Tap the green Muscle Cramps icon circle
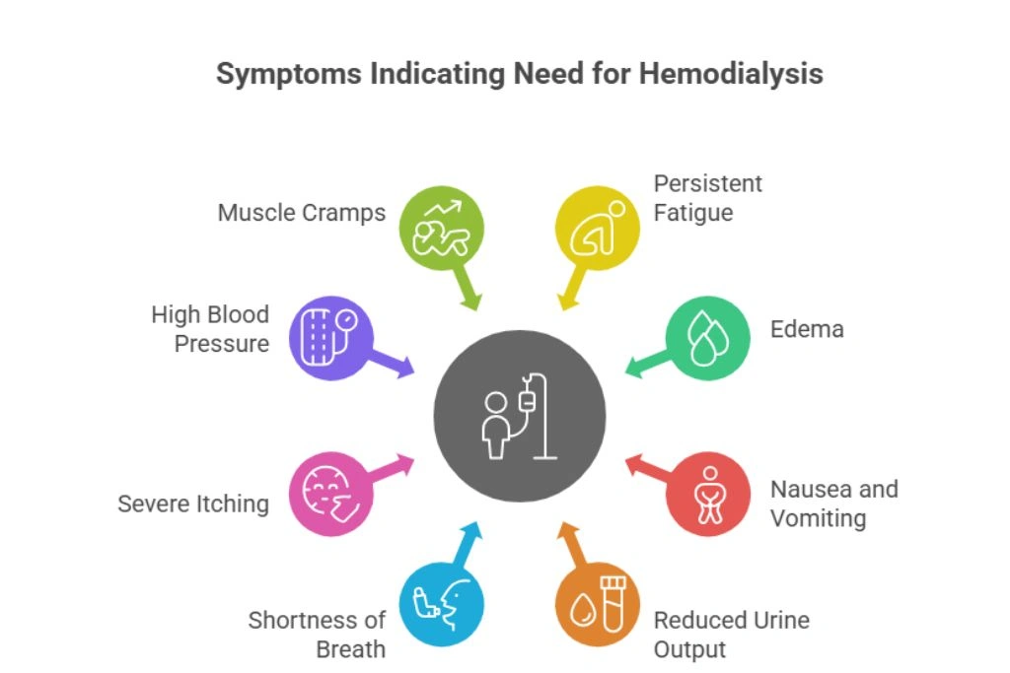click(x=442, y=229)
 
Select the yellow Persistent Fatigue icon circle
click(x=598, y=229)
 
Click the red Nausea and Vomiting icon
click(x=707, y=494)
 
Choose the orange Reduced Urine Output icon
click(x=598, y=603)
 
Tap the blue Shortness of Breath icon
click(x=442, y=603)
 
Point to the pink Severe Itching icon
click(x=332, y=494)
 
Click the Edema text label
click(x=807, y=329)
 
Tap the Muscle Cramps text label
click(x=301, y=213)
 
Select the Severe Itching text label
click(x=193, y=504)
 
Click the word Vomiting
click(x=818, y=518)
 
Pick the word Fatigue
click(x=693, y=212)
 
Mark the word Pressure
click(x=221, y=344)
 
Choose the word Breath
click(x=350, y=649)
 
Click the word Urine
click(x=779, y=621)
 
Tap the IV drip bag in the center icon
click(x=527, y=401)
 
